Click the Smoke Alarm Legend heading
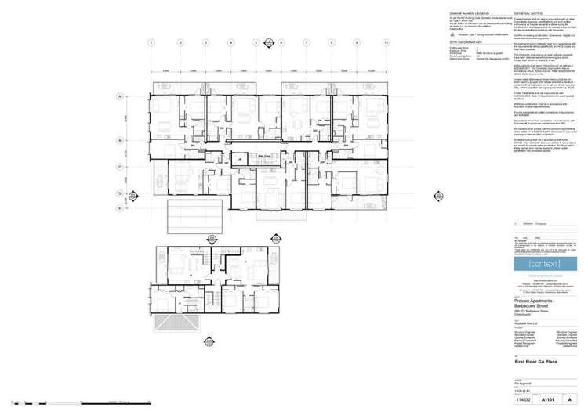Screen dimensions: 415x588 point(468,14)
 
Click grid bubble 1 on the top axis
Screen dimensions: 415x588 point(153,43)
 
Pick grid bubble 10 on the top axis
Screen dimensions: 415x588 point(387,43)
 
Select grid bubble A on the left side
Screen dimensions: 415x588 point(120,98)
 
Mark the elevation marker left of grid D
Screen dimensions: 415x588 point(131,196)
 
